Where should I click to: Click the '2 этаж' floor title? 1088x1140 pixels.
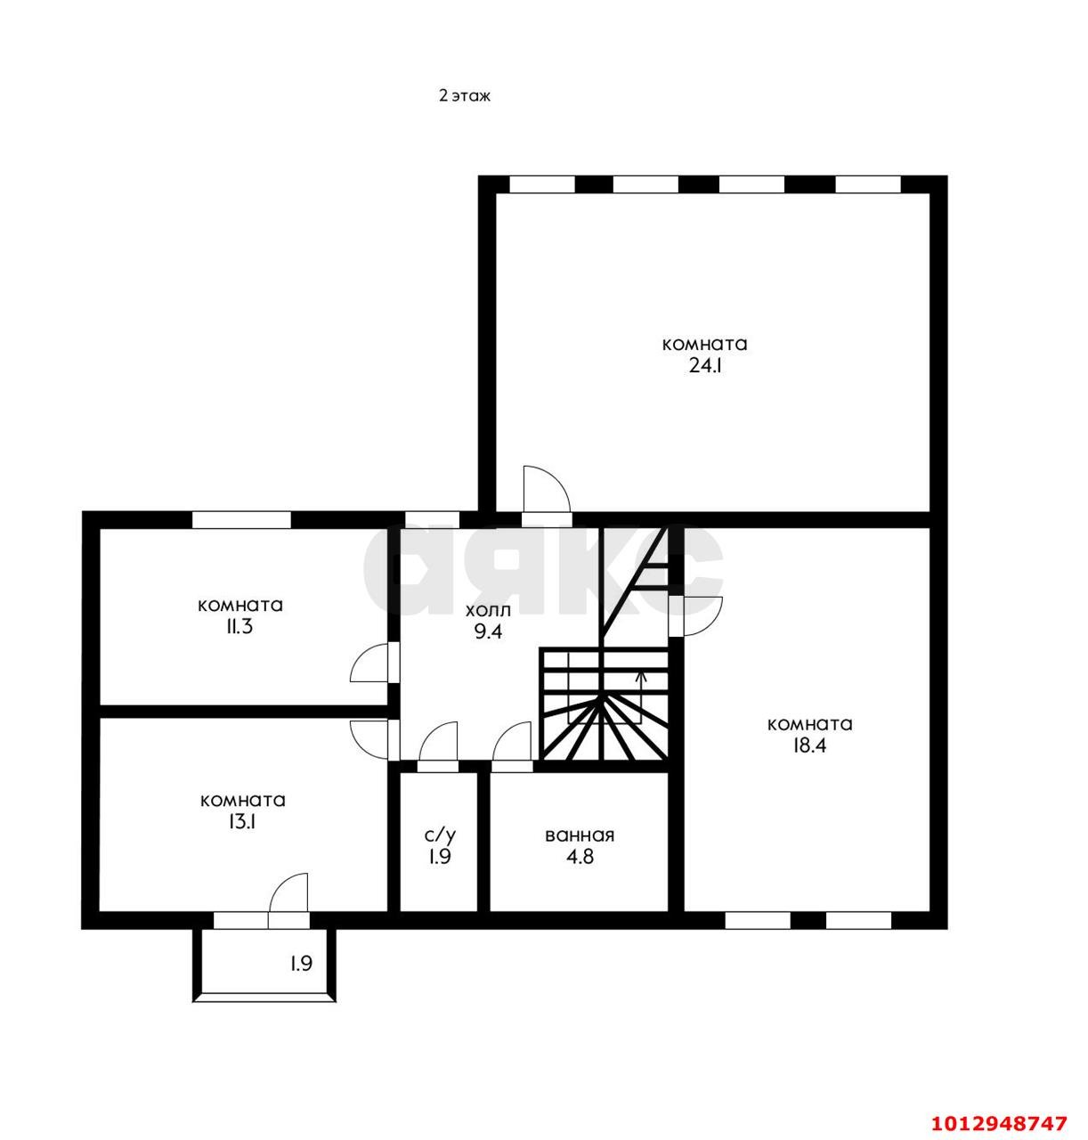click(465, 95)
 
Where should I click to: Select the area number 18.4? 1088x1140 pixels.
click(809, 745)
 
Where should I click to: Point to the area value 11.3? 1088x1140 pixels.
click(240, 627)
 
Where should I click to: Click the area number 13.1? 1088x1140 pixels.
click(242, 822)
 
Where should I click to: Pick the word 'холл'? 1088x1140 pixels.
click(488, 610)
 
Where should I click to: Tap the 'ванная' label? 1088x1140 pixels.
click(579, 835)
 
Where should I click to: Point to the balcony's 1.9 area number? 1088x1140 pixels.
click(302, 963)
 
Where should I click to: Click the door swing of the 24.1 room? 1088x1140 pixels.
click(546, 489)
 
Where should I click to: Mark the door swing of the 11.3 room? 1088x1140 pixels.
click(368, 663)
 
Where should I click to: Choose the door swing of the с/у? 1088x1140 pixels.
click(437, 740)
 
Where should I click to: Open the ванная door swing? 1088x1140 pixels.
click(511, 740)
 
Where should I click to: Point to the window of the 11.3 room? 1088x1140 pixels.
click(241, 519)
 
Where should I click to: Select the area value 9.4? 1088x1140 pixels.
click(488, 631)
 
